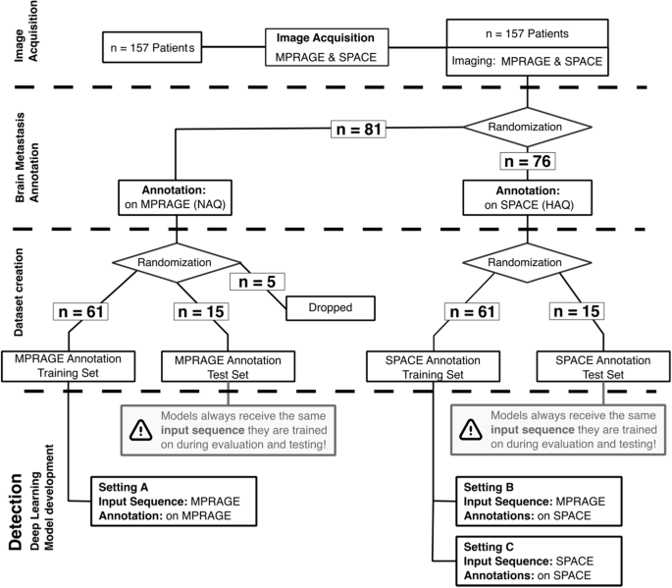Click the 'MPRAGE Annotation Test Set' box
coord(226,367)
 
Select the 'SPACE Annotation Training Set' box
coord(431,367)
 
